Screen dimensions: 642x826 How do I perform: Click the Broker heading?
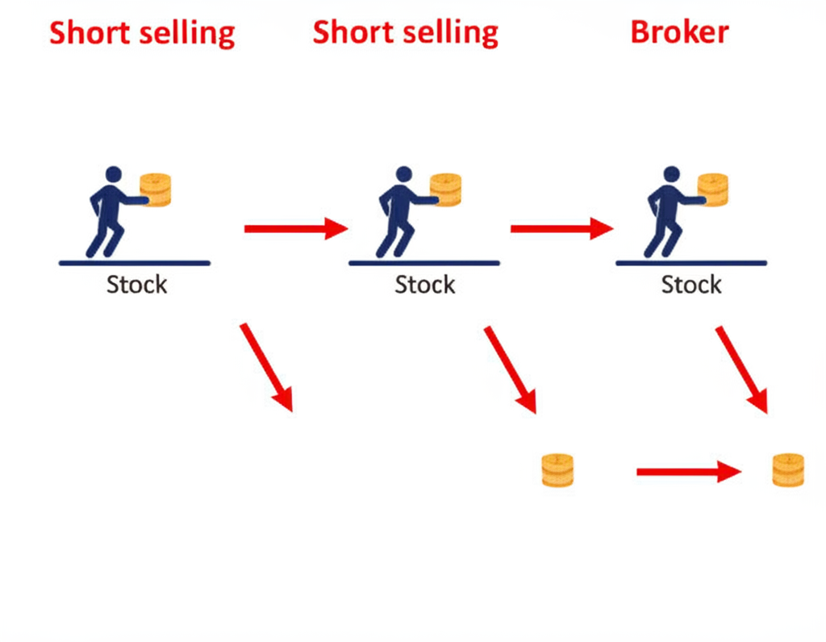pos(679,32)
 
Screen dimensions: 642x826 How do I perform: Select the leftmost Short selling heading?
pos(142,34)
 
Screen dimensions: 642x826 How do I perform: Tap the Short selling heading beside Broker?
pos(405,32)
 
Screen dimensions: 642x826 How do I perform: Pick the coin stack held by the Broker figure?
pos(713,190)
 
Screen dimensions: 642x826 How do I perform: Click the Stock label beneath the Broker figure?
pos(691,284)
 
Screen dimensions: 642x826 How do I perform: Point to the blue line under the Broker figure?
pos(690,263)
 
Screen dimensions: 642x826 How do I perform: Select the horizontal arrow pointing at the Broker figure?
pos(561,229)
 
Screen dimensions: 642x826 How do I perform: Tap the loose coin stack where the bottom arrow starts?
pos(557,470)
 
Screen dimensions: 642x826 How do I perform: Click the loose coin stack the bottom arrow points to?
pos(788,470)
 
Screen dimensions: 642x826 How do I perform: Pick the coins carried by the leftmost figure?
pos(156,190)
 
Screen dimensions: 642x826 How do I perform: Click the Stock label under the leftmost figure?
pos(136,284)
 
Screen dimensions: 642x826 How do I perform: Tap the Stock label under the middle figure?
pos(424,284)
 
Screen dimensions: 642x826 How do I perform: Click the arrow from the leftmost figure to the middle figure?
pos(295,229)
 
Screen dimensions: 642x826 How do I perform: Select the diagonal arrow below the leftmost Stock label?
pos(266,367)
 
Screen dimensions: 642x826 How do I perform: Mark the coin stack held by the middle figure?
pos(445,190)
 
